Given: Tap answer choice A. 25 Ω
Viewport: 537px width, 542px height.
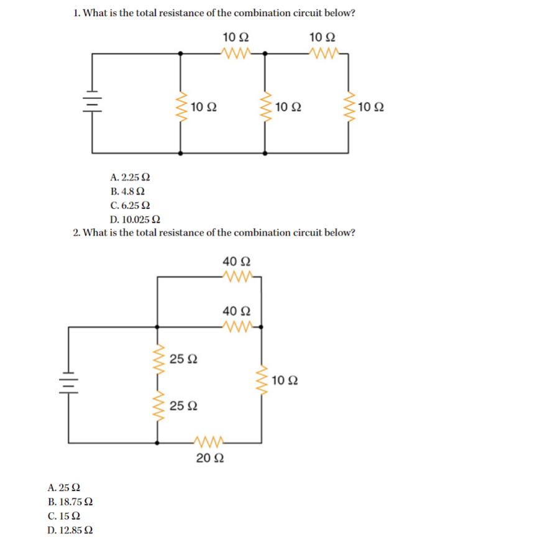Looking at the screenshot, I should (x=64, y=487).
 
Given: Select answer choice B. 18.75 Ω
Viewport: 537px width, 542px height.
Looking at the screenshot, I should (x=70, y=502).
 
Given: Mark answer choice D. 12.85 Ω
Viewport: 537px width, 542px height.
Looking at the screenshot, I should (x=70, y=530).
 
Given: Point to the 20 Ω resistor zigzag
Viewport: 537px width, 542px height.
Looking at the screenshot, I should (x=210, y=443).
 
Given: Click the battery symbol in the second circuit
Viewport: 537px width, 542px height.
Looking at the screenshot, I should (x=68, y=381).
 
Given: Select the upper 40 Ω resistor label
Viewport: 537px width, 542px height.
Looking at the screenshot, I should (x=237, y=260).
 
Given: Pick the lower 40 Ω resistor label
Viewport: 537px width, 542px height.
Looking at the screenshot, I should (x=237, y=310).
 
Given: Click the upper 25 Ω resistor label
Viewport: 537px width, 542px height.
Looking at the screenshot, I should (x=184, y=359).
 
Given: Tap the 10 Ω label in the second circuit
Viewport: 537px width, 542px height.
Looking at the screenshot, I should (x=285, y=380).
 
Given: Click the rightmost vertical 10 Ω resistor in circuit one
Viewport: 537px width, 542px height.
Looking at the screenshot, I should (x=348, y=107).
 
